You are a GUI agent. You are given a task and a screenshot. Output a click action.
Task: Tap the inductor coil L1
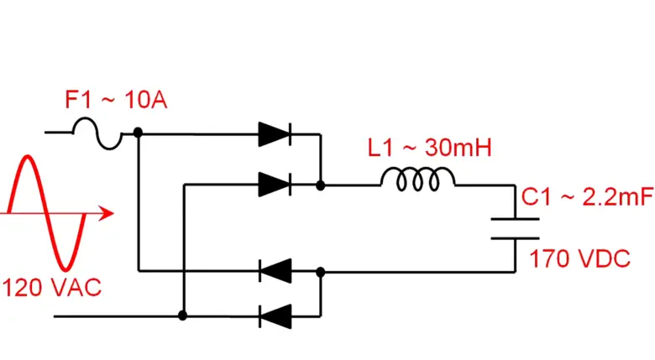pyautogui.click(x=418, y=179)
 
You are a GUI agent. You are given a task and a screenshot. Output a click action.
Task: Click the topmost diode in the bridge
pyautogui.click(x=275, y=133)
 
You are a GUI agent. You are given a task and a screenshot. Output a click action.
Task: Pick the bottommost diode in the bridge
pyautogui.click(x=275, y=316)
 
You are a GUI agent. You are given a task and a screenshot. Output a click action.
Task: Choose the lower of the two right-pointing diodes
pyautogui.click(x=275, y=183)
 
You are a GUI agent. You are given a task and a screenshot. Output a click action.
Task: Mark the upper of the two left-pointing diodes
pyautogui.click(x=275, y=271)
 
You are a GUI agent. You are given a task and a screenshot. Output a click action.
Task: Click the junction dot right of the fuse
pyautogui.click(x=137, y=133)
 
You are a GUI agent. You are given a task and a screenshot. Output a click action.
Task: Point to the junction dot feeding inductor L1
pyautogui.click(x=320, y=183)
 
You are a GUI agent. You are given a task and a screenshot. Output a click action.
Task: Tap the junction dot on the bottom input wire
pyautogui.click(x=182, y=316)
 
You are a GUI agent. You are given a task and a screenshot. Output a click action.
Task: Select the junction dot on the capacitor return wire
pyautogui.click(x=320, y=271)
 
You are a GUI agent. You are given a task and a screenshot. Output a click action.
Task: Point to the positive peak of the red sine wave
pyautogui.click(x=28, y=158)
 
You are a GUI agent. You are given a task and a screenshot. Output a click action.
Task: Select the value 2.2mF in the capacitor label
pyautogui.click(x=610, y=198)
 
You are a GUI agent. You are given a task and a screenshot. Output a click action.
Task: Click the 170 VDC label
pyautogui.click(x=579, y=259)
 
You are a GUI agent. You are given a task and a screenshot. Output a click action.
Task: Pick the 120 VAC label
pyautogui.click(x=52, y=287)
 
